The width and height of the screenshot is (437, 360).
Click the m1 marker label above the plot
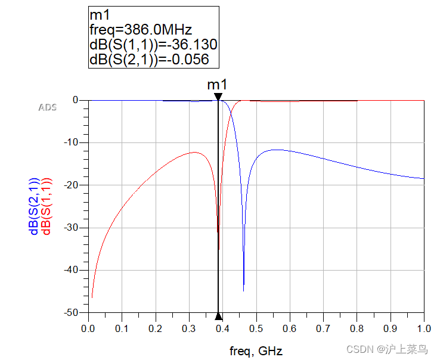click(x=218, y=85)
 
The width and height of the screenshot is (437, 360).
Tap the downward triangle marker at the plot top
click(x=218, y=97)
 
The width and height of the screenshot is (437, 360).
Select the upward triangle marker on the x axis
click(x=218, y=316)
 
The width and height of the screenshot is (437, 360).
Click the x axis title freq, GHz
click(x=256, y=350)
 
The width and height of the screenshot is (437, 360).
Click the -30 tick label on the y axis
click(x=72, y=228)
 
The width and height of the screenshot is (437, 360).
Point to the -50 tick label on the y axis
click(x=72, y=312)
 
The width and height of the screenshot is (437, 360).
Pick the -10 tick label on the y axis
click(x=72, y=142)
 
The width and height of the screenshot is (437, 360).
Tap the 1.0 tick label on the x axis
click(x=424, y=328)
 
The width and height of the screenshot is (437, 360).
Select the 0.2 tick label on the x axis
click(x=155, y=328)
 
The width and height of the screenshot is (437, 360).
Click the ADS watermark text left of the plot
click(x=48, y=108)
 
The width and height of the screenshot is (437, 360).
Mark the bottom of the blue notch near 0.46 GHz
click(x=243, y=291)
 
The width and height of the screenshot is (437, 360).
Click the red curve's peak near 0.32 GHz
click(x=194, y=153)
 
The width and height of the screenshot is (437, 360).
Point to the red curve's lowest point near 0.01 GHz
click(x=92, y=297)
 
